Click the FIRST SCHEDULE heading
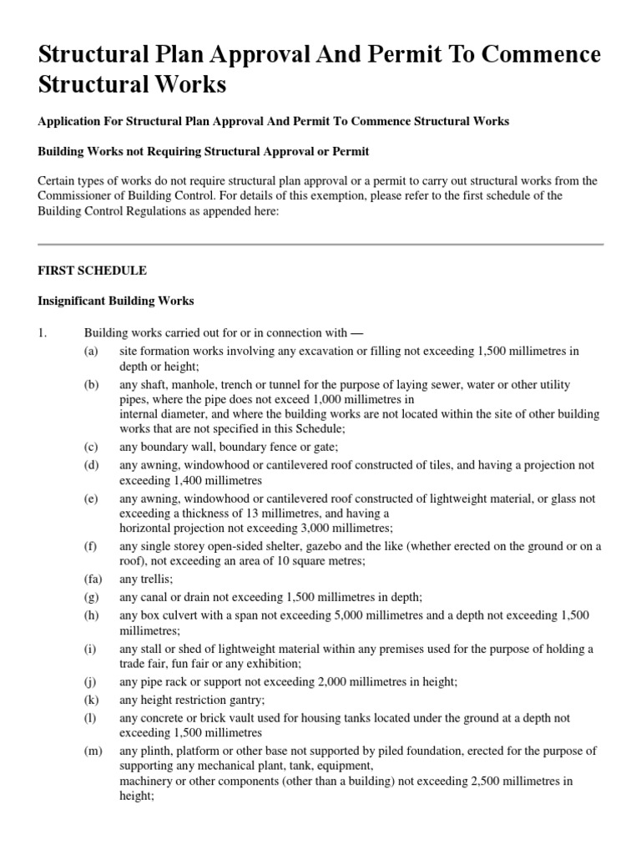coord(93,271)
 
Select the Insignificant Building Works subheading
coord(116,301)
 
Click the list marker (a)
coord(91,352)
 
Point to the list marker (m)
coord(92,751)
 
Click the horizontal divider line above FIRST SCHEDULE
coord(320,244)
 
